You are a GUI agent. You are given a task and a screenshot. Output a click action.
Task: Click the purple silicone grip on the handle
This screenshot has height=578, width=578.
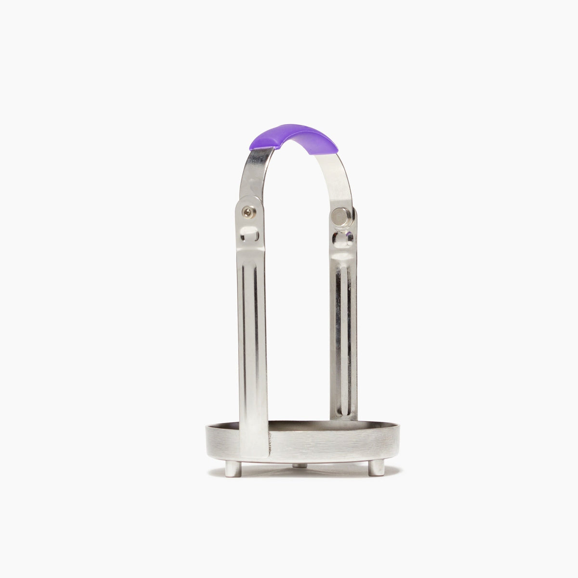[x=294, y=138]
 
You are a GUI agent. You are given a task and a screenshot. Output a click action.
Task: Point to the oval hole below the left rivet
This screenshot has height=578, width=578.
[x=250, y=235]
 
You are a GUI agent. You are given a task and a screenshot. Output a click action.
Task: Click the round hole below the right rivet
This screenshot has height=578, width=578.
[x=343, y=237]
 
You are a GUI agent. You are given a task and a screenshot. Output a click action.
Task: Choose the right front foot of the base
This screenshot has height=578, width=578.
[x=377, y=467]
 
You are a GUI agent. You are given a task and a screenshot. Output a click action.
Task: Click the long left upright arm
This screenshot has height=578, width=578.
[x=253, y=337]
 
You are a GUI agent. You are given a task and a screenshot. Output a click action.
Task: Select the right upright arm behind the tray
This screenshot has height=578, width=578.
[x=343, y=337]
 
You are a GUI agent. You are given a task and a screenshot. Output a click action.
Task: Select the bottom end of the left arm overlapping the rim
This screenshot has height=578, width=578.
[x=254, y=446]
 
